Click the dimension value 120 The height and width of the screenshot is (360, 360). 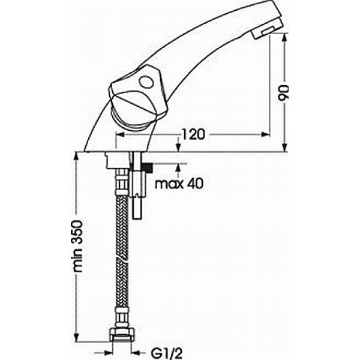pyautogui.click(x=193, y=134)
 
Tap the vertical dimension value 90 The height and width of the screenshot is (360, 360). pyautogui.click(x=283, y=92)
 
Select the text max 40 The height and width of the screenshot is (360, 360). pyautogui.click(x=179, y=184)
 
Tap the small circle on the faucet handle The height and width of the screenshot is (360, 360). pyautogui.click(x=146, y=82)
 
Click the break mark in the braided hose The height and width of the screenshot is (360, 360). pyautogui.click(x=122, y=257)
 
